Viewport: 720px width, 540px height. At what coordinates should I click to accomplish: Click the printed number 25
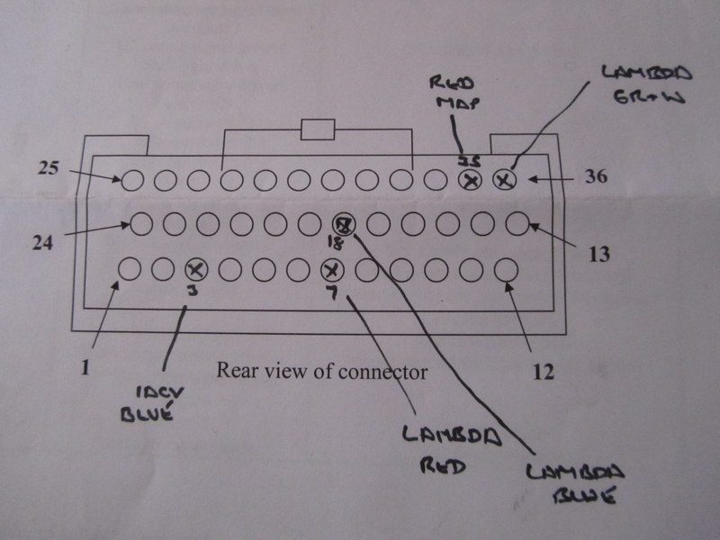pos(48,167)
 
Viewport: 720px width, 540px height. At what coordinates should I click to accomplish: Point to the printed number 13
pos(599,256)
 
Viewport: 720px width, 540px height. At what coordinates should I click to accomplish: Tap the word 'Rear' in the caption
pos(237,370)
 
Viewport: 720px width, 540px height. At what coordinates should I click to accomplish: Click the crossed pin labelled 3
pos(195,268)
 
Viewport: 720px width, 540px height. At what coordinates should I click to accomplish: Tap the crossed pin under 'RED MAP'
pos(470,181)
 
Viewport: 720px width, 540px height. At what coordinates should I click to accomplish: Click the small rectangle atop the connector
pos(318,130)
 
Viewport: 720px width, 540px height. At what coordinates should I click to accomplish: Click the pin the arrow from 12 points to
pos(506,268)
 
